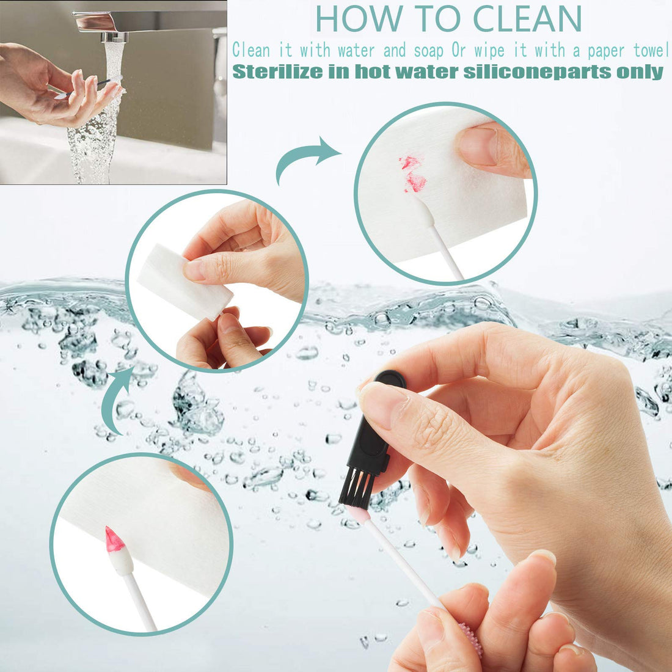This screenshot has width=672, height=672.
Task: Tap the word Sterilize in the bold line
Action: [x=278, y=71]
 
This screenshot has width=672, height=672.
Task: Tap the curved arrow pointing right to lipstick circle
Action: [x=305, y=158]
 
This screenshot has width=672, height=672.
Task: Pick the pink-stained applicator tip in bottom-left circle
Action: [x=114, y=540]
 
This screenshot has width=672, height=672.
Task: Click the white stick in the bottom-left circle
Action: [x=141, y=599]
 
